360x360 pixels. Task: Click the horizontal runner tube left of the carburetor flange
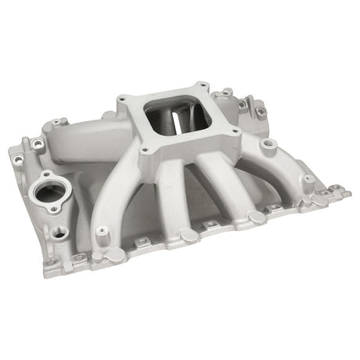click(86, 137)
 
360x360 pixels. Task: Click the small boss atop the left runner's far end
click(58, 124)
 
